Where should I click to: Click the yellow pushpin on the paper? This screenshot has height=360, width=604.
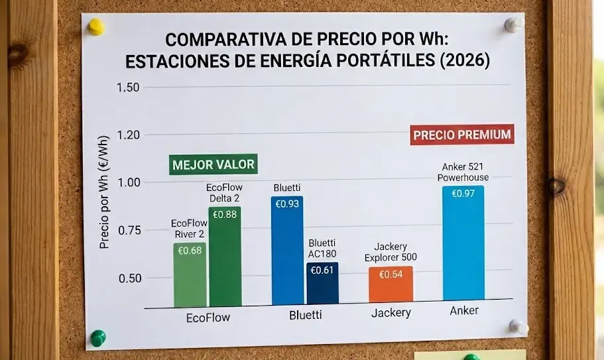(x=97, y=27)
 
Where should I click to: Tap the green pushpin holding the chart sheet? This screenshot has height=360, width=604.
(x=98, y=337)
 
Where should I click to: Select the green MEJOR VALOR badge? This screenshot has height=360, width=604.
(x=213, y=164)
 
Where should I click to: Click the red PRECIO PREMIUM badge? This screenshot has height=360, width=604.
(x=462, y=135)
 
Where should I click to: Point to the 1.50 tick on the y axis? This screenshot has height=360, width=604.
(x=128, y=88)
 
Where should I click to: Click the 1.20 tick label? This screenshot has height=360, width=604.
(x=128, y=135)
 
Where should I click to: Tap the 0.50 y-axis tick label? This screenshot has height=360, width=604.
(x=131, y=278)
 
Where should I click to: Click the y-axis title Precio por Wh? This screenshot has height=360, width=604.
(x=104, y=199)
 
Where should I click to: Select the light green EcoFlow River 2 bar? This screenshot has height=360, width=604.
(x=190, y=275)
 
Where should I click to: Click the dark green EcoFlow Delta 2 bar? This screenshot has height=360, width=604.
(x=225, y=259)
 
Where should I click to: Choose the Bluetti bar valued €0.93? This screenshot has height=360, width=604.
(x=287, y=252)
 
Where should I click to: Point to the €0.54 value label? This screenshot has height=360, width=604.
(x=391, y=274)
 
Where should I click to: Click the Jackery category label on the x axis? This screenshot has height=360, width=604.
(x=390, y=313)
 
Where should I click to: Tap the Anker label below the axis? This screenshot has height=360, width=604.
(x=464, y=310)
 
